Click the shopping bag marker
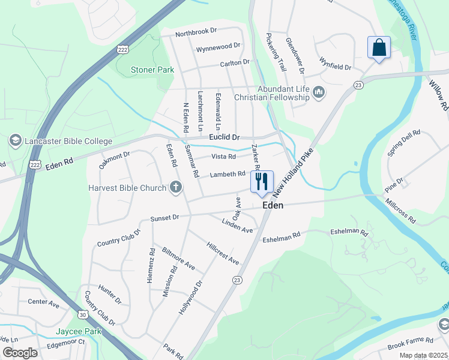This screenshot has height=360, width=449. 379,48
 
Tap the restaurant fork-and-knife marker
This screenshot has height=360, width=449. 262,181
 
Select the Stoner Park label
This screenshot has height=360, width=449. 152,70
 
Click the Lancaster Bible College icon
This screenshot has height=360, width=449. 15,141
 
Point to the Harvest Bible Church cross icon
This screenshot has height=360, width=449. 175,188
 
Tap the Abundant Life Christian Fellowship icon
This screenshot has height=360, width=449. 319,92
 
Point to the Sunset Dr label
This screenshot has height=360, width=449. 165,218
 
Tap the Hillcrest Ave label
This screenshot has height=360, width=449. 223,254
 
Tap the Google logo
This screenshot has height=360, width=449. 20,353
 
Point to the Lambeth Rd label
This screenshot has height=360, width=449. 228,175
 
